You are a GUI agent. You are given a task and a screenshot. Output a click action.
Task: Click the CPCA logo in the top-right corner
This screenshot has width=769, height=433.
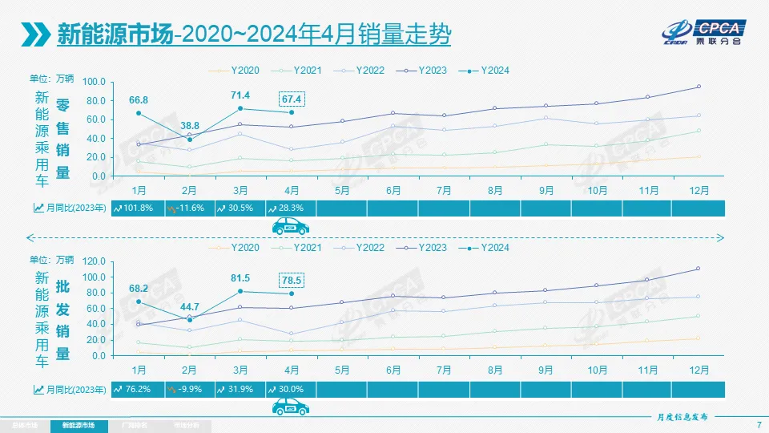706,32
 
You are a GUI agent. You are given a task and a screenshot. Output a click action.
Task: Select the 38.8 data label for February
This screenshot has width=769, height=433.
190,127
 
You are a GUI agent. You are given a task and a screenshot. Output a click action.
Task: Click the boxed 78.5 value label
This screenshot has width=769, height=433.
292,280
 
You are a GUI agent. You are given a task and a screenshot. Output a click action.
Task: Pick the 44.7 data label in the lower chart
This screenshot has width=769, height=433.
190,306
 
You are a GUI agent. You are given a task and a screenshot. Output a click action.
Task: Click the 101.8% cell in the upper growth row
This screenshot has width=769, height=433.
138,208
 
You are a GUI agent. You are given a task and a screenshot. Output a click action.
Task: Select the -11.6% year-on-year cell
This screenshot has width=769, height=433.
189,208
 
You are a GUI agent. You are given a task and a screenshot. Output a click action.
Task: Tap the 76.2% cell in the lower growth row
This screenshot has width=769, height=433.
138,390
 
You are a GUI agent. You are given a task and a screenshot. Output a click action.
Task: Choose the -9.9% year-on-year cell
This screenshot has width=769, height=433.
189,390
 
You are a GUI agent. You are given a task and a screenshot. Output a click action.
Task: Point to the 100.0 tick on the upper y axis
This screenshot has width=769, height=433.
93,82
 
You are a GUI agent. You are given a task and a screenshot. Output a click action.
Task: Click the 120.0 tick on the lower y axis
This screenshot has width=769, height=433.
93,261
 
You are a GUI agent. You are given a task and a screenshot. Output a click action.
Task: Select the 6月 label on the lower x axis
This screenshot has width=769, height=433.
393,370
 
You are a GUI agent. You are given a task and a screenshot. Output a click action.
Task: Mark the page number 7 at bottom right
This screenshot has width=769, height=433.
758,424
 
